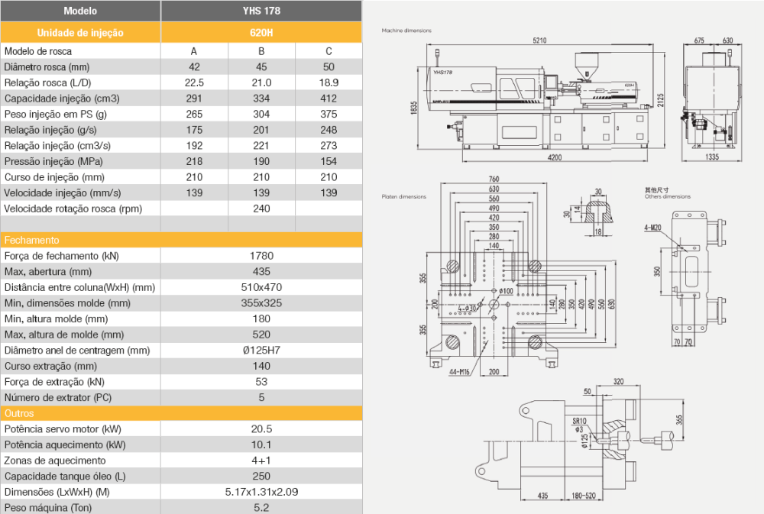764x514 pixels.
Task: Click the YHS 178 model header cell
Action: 261,11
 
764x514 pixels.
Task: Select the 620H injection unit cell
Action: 261,33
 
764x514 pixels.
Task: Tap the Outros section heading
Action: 21,413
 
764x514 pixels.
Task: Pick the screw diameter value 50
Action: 329,67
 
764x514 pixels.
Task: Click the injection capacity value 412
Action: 329,99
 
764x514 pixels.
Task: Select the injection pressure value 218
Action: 194,161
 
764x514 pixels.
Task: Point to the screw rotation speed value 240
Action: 261,209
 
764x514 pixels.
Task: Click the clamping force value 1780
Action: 261,256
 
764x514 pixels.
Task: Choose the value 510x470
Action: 261,287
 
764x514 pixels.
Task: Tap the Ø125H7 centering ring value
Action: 261,351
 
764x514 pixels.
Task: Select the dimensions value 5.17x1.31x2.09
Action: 261,493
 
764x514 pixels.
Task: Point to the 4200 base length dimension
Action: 555,158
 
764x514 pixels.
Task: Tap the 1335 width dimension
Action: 711,157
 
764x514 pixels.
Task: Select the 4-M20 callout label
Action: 653,227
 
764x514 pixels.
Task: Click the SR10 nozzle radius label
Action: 578,421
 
